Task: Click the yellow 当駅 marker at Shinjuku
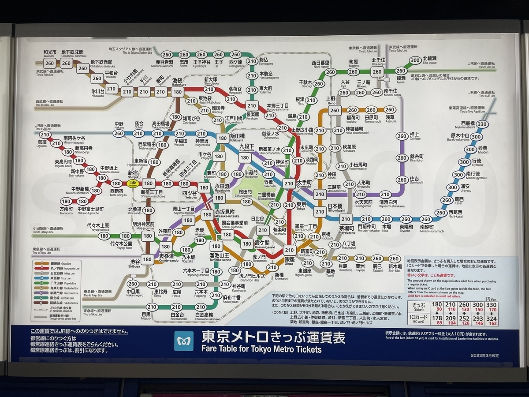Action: [132, 183]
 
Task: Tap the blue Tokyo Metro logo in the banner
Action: [183, 341]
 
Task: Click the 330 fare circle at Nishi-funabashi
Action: [481, 124]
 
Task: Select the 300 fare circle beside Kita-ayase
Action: [415, 60]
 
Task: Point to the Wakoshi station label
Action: [49, 54]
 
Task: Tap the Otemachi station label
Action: [304, 184]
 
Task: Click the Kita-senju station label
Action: [378, 62]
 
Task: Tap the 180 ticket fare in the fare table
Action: [437, 304]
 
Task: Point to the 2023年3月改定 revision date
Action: [484, 356]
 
